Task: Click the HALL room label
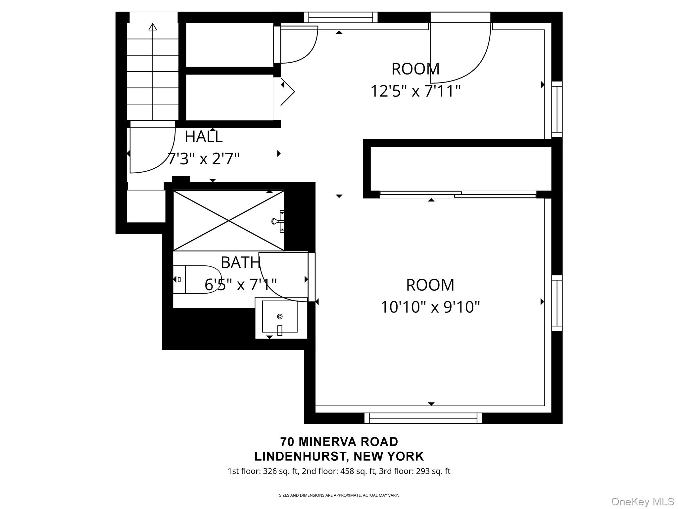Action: tap(203, 137)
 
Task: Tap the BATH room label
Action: tap(240, 262)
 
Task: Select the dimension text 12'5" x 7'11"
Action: tap(415, 91)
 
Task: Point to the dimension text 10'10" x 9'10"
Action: tap(430, 307)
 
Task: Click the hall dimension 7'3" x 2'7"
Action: tap(203, 159)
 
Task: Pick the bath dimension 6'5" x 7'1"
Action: tap(241, 284)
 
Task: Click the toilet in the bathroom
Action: tap(197, 279)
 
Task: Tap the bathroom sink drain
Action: tap(280, 316)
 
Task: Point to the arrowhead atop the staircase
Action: tap(153, 27)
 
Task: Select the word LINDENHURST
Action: tap(299, 456)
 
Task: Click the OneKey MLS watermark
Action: tap(642, 501)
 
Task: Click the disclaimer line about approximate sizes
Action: tap(339, 495)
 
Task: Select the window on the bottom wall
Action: tap(423, 418)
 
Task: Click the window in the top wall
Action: tap(341, 17)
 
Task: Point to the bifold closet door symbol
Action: tap(287, 92)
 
